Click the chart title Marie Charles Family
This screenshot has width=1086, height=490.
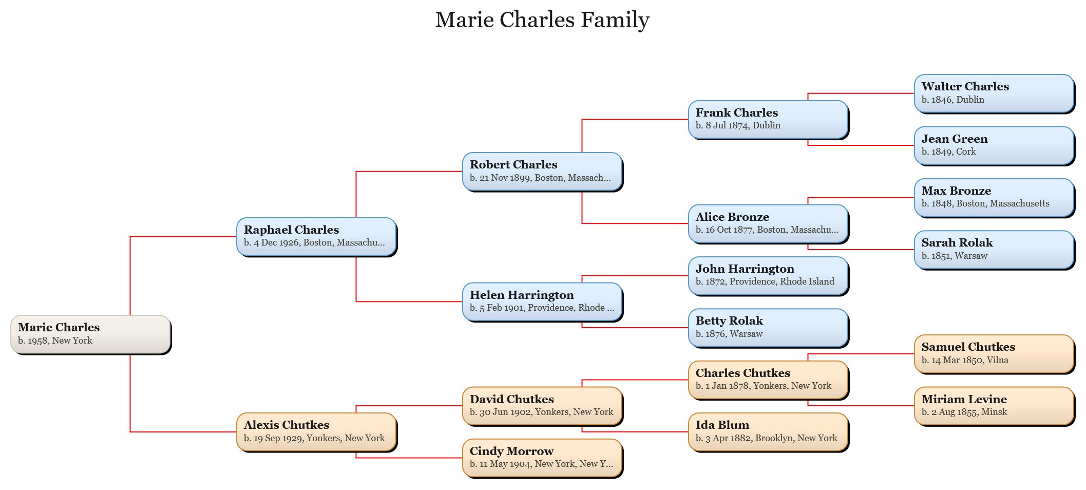point(542,20)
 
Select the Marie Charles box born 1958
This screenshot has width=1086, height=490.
point(90,334)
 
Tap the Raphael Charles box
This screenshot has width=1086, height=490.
point(316,237)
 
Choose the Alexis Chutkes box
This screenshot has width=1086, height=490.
point(316,432)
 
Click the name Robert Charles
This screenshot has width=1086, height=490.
point(513,164)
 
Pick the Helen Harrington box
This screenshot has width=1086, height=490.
point(542,302)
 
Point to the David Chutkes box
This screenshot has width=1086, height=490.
point(542,406)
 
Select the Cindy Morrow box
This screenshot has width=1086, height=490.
point(542,458)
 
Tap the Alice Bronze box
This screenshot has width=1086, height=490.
point(768,224)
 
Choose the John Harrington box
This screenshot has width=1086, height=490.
point(768,276)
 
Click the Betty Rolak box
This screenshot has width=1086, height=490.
point(768,328)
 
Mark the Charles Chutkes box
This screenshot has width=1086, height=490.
point(768,380)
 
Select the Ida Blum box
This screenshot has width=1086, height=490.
point(768,432)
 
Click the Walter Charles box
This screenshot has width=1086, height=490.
point(994,93)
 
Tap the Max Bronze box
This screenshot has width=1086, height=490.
point(994,198)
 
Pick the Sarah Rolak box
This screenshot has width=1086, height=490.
point(994,250)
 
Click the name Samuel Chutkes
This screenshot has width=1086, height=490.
point(968,347)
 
